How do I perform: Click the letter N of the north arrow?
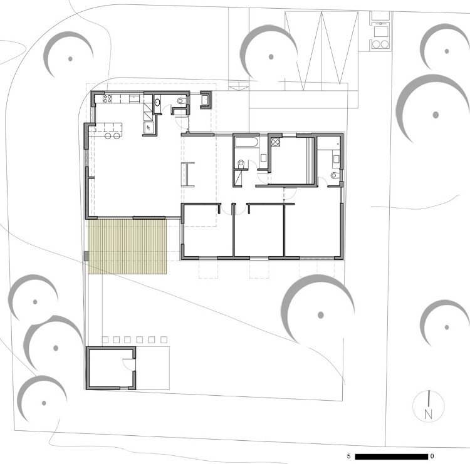tap(429, 414)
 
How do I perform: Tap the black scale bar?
tap(392, 456)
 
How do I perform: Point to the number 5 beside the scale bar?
tap(348, 456)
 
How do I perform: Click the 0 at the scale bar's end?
tap(432, 456)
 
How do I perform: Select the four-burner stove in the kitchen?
tap(107, 99)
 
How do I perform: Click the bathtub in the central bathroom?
tap(246, 142)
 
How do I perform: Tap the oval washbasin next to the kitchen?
tap(157, 103)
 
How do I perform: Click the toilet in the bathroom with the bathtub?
tap(241, 165)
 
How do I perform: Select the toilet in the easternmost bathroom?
tap(335, 175)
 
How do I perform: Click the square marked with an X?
tap(276, 142)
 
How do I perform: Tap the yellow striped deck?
tap(128, 247)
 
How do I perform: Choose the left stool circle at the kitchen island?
tap(108, 136)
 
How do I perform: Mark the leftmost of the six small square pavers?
tap(105, 339)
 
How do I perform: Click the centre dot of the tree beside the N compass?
tap(447, 327)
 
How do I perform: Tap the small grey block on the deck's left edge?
tap(86, 256)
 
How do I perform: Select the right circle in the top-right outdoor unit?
tap(385, 44)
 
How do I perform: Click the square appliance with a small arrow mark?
tap(149, 127)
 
